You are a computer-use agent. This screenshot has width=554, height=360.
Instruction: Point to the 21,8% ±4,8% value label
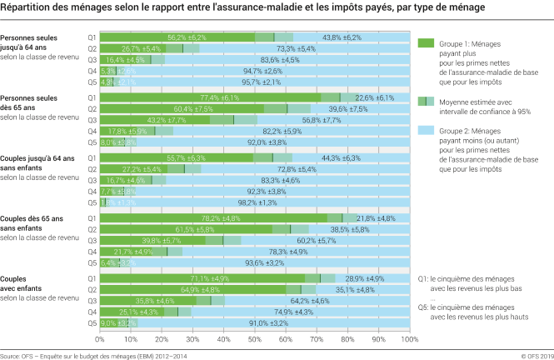pyautogui.click(x=377, y=217)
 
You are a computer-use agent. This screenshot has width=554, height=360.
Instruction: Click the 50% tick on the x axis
pyautogui.click(x=255, y=339)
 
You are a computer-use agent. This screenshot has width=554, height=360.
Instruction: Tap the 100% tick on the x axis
pyautogui.click(x=408, y=339)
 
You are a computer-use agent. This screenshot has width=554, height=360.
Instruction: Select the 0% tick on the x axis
pyautogui.click(x=100, y=339)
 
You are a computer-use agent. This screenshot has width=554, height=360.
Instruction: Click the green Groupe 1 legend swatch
pyautogui.click(x=425, y=42)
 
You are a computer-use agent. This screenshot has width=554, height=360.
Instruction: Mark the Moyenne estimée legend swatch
pyautogui.click(x=425, y=101)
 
